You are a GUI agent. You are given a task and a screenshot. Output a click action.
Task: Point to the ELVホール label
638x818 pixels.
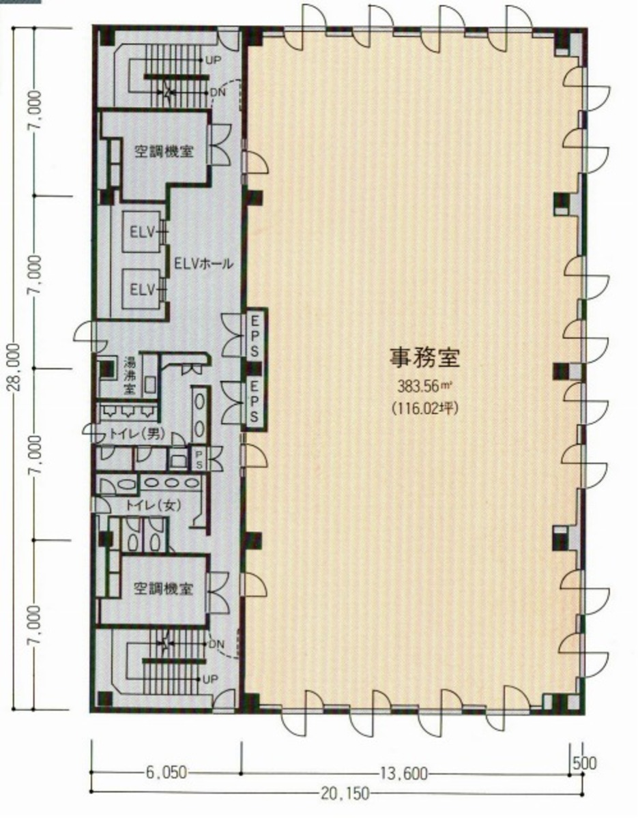click(204, 263)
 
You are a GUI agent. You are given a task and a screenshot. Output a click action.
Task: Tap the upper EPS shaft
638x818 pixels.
click(252, 334)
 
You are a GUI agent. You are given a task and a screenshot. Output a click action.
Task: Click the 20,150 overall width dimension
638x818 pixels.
click(342, 793)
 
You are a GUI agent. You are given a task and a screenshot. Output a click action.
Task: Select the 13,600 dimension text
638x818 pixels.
click(405, 772)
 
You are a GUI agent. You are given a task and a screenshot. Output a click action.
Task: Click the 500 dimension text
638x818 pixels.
click(583, 761)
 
